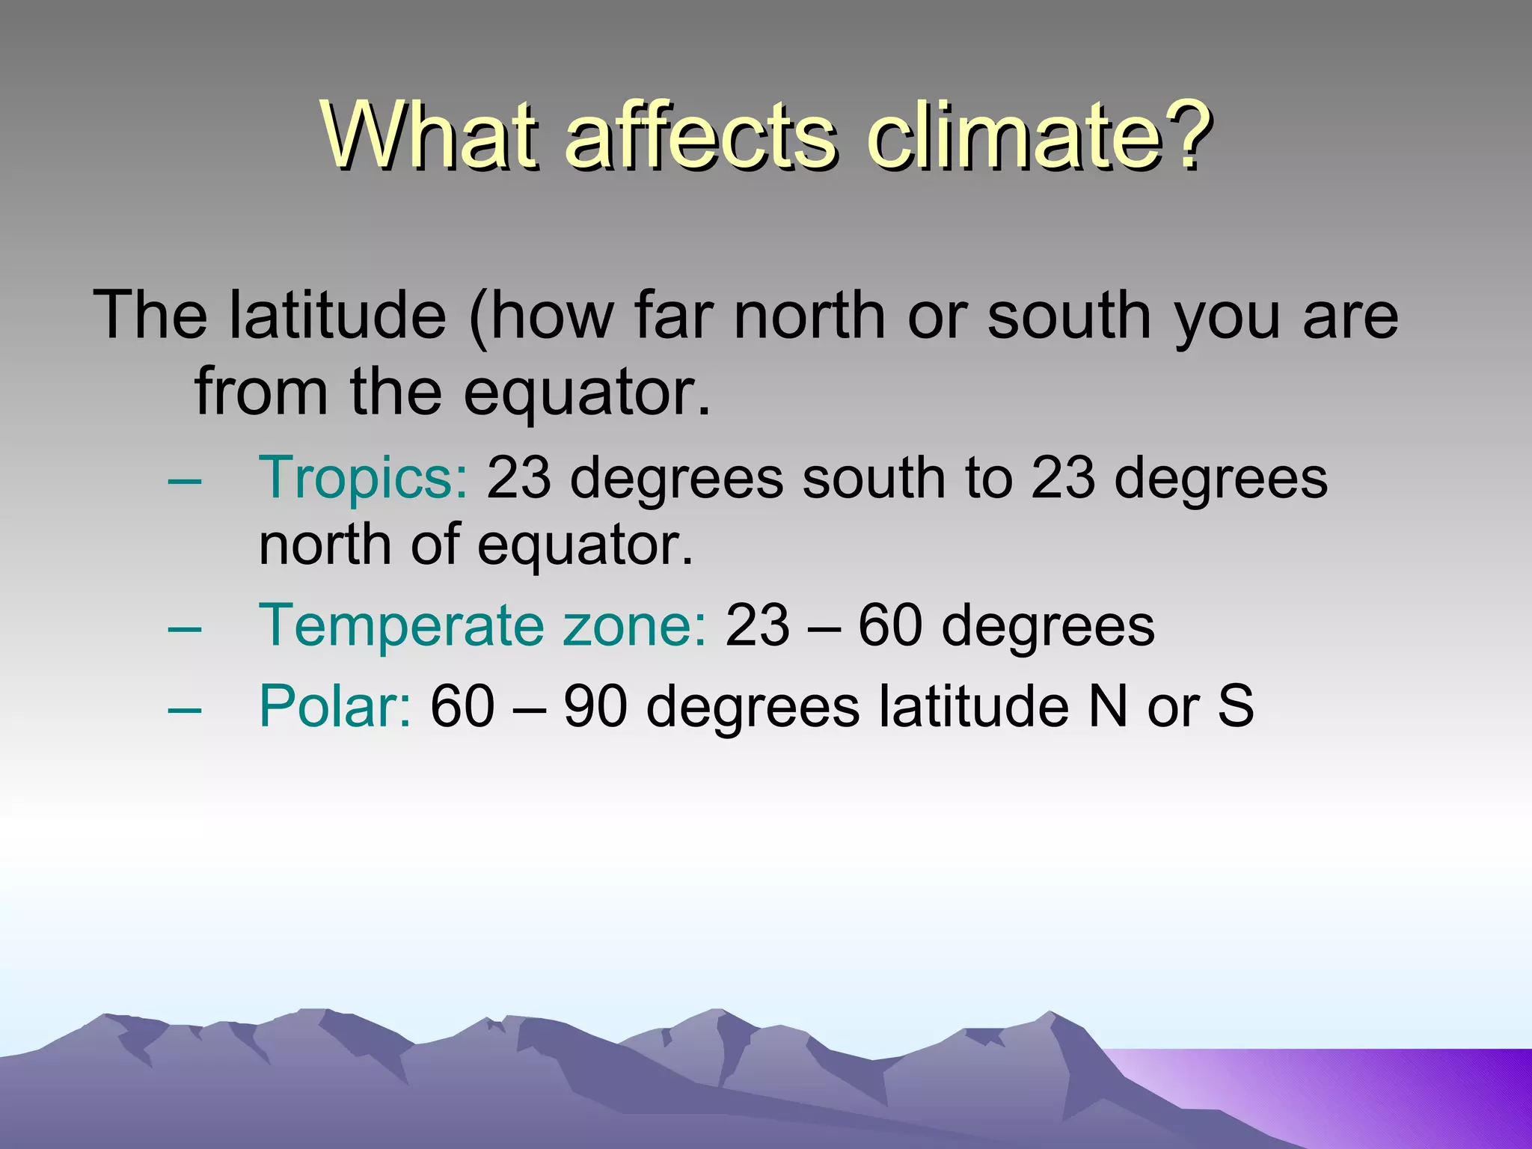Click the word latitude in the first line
337,315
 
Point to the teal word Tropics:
363,479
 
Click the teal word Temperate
401,626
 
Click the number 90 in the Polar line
595,706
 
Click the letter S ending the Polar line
1235,706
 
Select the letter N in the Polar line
1107,706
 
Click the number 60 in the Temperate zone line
889,626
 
